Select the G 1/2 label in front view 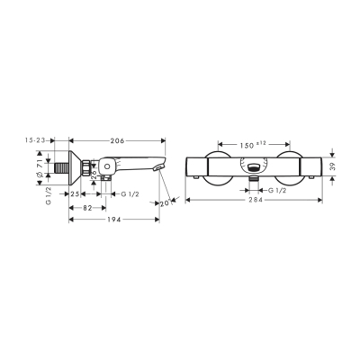pos(274,192)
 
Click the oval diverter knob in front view pos(257,165)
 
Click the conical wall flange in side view pos(77,166)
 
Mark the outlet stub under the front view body pos(257,180)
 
